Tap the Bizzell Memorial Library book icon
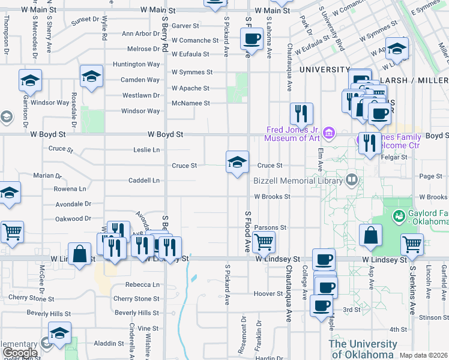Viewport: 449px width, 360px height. coord(352,179)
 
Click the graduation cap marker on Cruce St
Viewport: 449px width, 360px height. coord(238,162)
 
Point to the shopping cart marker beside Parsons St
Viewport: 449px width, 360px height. coord(264,242)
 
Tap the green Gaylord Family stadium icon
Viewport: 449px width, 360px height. coord(397,215)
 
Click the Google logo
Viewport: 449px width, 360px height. coord(20,353)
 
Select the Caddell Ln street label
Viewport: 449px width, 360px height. coord(144,180)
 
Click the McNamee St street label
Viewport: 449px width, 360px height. coord(190,103)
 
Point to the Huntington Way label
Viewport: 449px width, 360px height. coord(141,64)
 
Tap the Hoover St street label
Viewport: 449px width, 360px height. coord(268,294)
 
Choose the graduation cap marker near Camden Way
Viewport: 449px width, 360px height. coord(91,76)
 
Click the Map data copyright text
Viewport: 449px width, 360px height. coord(423,355)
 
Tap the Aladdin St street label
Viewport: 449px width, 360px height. coord(109,343)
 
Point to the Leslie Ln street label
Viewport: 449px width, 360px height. coord(146,149)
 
